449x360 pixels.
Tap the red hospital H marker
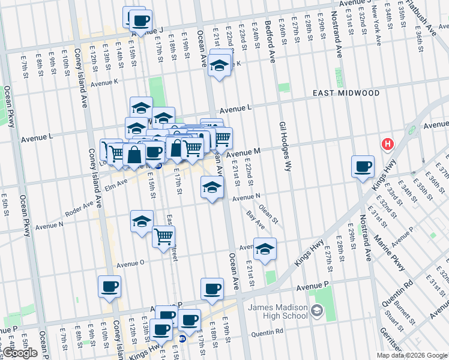tap(388, 145)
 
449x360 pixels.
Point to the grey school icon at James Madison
tap(317, 311)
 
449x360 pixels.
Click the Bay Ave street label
tap(256, 220)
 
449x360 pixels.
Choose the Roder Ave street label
tap(80, 206)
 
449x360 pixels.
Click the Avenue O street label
tap(130, 263)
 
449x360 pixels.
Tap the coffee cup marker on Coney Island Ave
tap(109, 286)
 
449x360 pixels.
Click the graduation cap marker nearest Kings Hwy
tap(264, 249)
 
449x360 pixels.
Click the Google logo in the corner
tap(19, 353)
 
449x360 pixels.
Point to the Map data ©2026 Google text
tap(411, 355)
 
